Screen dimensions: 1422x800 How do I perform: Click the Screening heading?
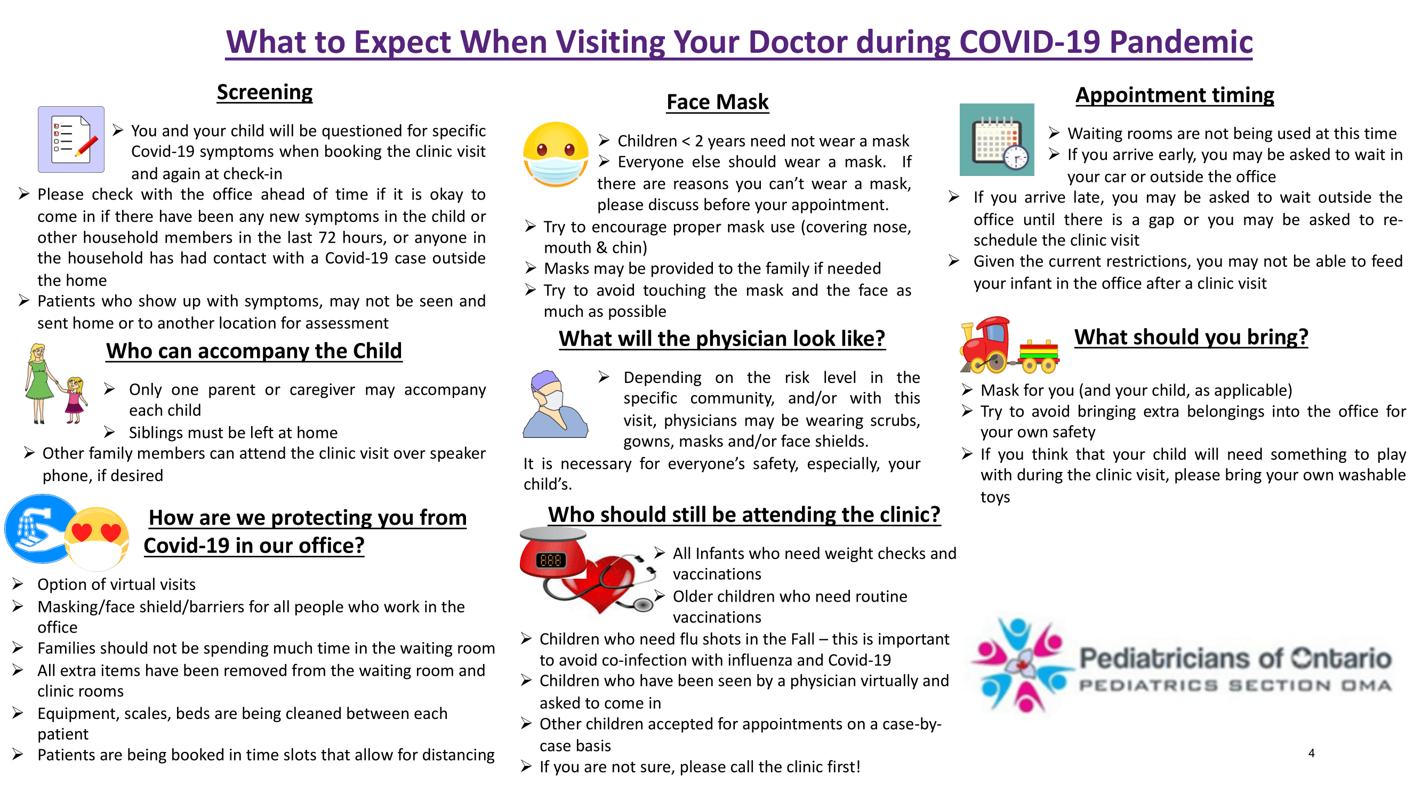coord(264,92)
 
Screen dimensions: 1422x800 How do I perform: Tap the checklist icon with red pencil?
coord(71,140)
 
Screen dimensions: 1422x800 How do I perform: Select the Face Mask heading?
coord(717,102)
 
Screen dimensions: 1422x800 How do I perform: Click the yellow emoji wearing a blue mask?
coord(556,155)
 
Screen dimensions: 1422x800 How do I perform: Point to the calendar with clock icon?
coord(997,140)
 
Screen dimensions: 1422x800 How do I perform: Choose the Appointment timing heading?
coord(1175,95)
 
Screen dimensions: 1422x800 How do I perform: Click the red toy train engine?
coord(986,345)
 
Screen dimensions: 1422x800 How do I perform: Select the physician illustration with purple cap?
coord(556,404)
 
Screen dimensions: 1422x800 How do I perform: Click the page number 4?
coord(1311,754)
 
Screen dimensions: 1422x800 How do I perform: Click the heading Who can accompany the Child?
coord(254,351)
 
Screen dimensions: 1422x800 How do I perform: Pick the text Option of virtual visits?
coord(116,585)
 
